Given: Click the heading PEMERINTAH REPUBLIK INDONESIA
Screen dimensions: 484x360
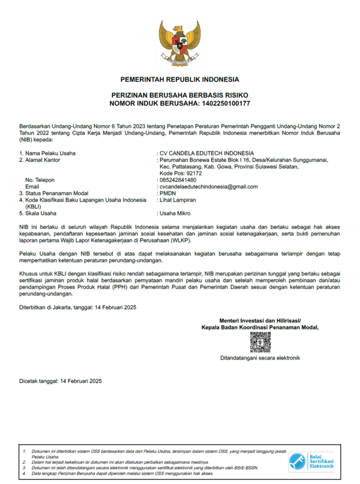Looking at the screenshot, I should coord(179,79).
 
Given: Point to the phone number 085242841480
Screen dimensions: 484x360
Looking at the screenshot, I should coord(178,180).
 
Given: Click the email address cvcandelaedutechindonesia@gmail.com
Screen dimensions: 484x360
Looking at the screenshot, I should coord(208,187).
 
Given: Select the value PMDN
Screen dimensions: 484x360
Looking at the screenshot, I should coord(168,193).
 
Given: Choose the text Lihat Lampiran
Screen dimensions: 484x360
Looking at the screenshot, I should coord(178,200).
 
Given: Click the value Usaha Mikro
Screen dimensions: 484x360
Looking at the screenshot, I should coord(176,213).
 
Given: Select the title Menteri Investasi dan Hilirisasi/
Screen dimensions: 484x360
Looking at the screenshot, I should coord(260,321).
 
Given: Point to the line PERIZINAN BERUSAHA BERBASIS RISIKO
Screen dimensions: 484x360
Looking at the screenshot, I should coord(179,95).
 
